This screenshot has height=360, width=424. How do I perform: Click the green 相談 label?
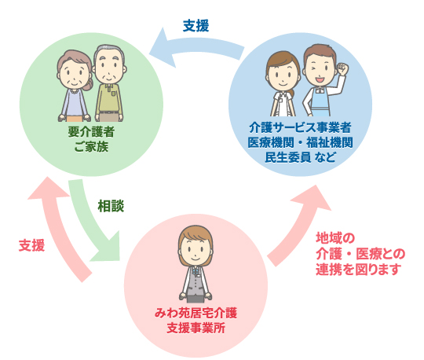[x=111, y=206]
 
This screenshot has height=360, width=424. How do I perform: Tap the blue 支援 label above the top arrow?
[x=196, y=26]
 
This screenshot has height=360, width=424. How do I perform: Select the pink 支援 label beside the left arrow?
[x=31, y=245]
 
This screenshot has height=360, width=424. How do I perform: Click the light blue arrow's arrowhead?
[x=163, y=49]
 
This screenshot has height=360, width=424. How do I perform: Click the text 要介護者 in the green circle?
[x=91, y=132]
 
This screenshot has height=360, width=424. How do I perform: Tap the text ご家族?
[x=91, y=147]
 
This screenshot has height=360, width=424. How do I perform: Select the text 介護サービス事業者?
[x=300, y=128]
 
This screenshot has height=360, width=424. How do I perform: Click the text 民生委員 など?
[x=300, y=157]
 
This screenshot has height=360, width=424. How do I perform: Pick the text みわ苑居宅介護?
[x=196, y=313]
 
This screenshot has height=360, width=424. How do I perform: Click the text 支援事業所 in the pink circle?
[x=196, y=328]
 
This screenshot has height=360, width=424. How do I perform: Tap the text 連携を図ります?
[x=359, y=269]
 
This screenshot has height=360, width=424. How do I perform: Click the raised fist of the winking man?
[x=342, y=69]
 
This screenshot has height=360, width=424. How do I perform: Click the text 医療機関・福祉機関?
[x=300, y=142]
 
